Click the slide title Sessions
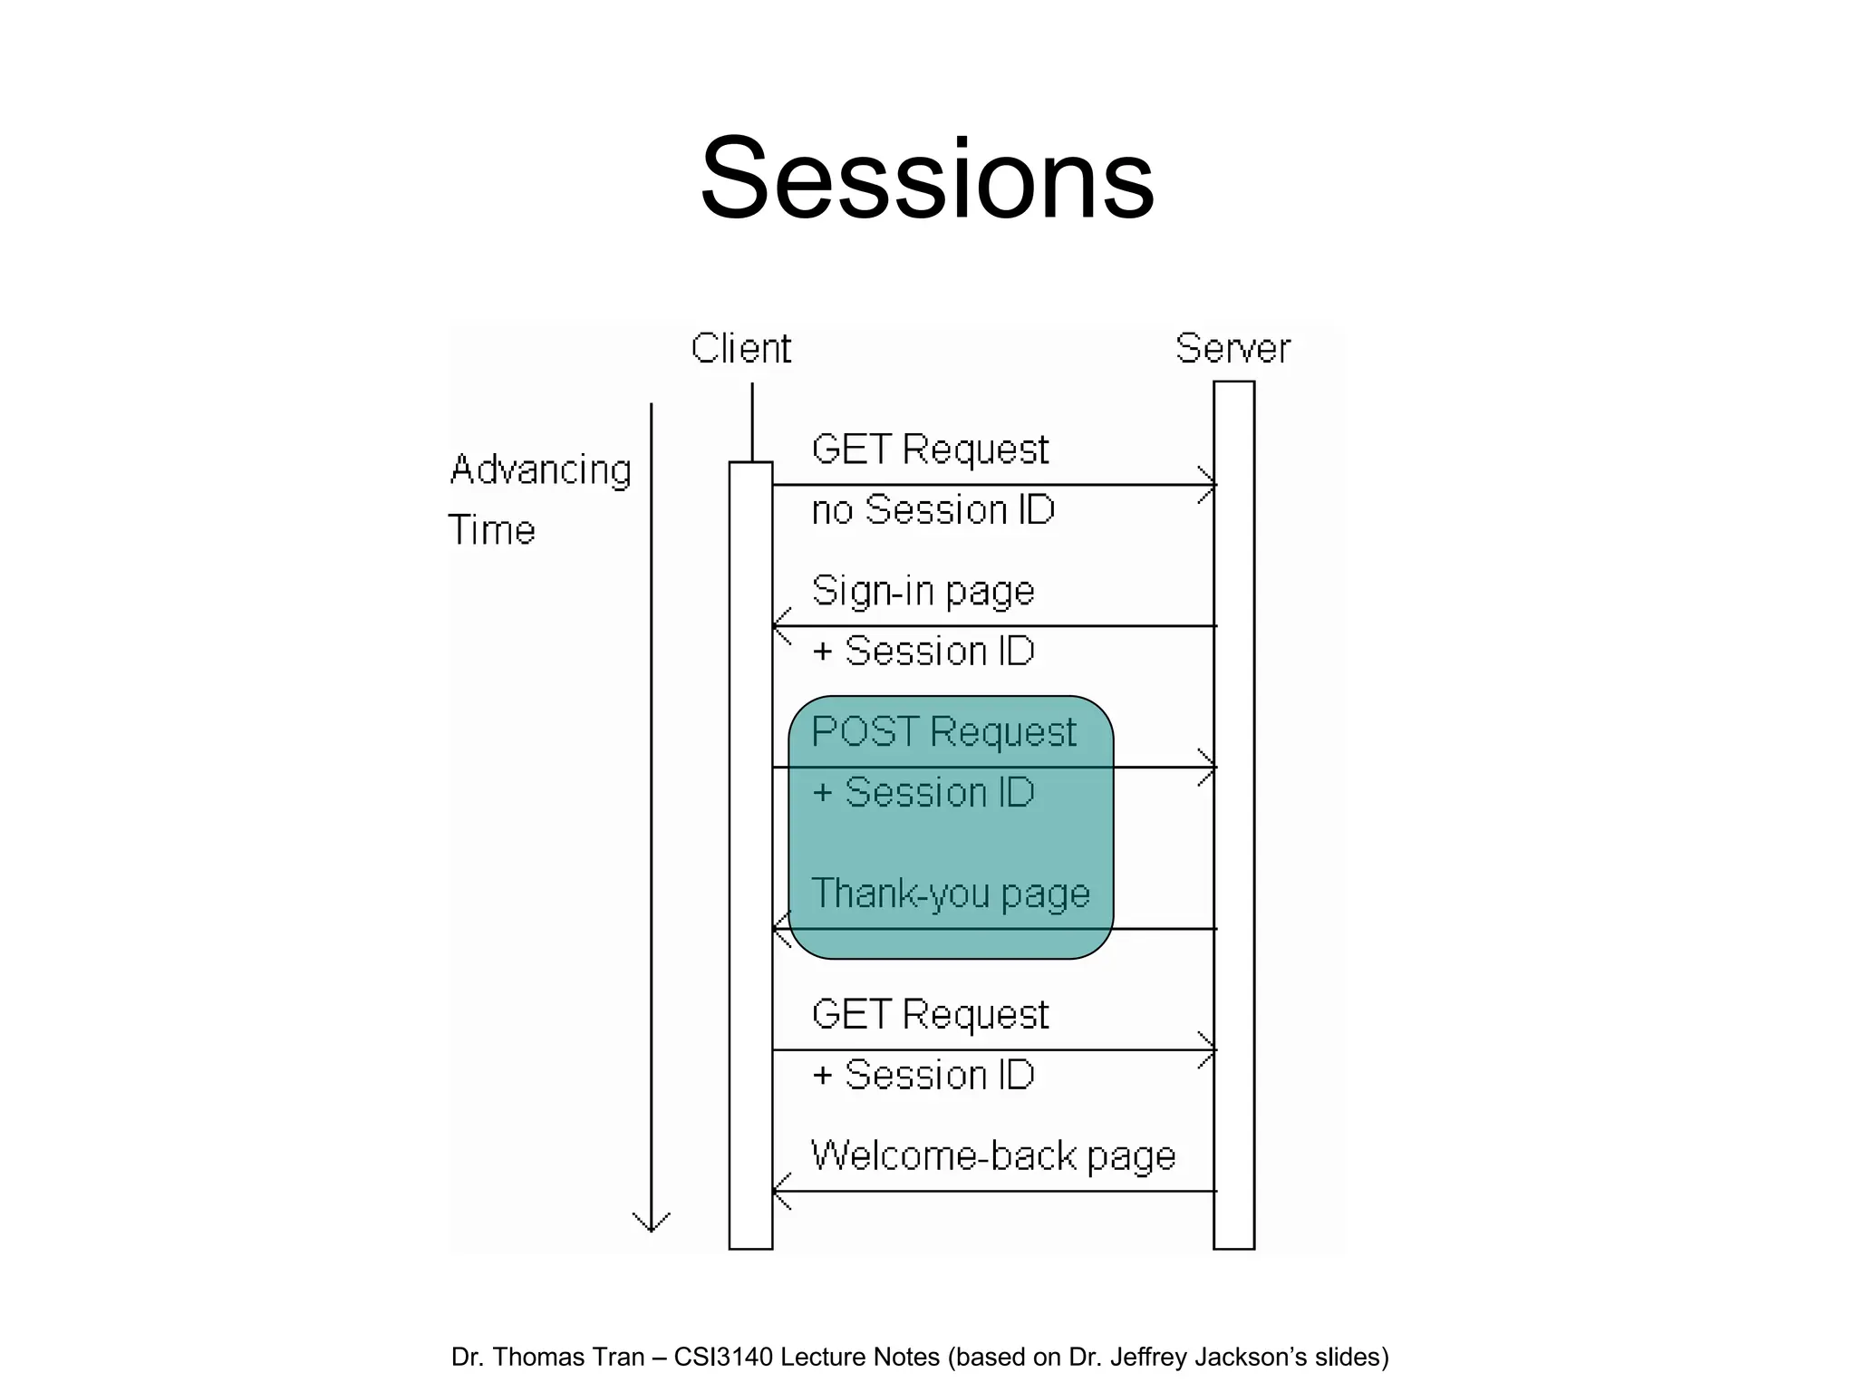927,179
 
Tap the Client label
740,349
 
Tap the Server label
1232,349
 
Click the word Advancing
540,470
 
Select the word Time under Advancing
491,530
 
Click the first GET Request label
930,450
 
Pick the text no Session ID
933,510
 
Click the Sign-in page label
923,592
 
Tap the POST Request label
943,732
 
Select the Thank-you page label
950,894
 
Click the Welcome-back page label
993,1156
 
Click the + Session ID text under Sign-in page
923,652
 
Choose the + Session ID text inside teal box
923,793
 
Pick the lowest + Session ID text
923,1076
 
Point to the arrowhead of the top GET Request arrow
1211,485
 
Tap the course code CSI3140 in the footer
723,1357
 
